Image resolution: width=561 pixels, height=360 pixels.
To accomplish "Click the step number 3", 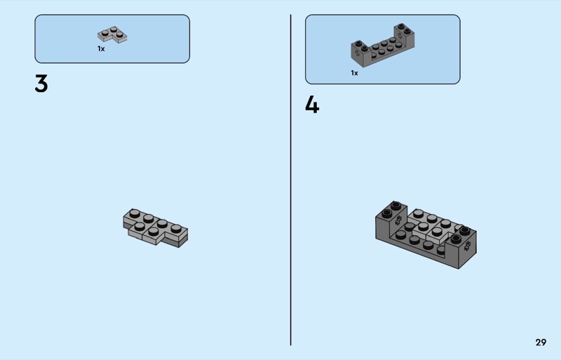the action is pyautogui.click(x=41, y=84).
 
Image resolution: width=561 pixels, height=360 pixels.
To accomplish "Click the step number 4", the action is pyautogui.click(x=312, y=105).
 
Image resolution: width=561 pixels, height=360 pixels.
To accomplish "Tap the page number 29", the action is pyautogui.click(x=541, y=342).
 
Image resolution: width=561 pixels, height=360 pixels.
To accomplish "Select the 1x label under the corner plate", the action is pyautogui.click(x=101, y=48).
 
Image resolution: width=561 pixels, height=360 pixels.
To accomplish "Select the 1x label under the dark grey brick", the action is pyautogui.click(x=355, y=73).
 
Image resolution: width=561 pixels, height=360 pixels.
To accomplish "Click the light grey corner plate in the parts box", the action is pyautogui.click(x=112, y=35).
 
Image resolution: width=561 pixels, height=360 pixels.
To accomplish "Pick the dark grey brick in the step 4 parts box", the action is pyautogui.click(x=382, y=46).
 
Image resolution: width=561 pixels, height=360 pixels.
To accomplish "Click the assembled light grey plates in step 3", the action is pyautogui.click(x=155, y=228).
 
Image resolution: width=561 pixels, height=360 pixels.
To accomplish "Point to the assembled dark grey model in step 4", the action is pyautogui.click(x=426, y=234).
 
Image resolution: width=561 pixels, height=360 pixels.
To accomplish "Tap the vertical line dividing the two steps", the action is pyautogui.click(x=290, y=180).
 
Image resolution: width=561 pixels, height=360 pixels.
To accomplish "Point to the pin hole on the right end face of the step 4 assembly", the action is pyautogui.click(x=467, y=246).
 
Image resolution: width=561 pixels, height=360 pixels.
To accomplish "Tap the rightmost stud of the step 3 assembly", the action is pyautogui.click(x=176, y=229).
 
